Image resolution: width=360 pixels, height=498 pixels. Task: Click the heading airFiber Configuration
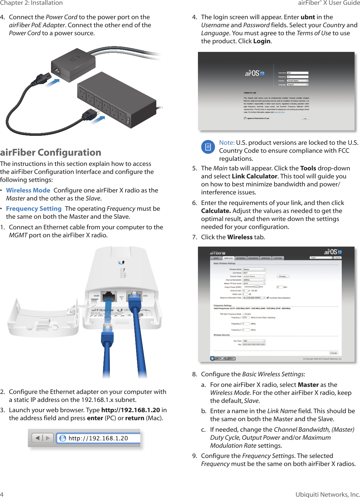click(x=51, y=152)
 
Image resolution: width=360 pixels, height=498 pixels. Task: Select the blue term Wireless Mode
click(x=28, y=190)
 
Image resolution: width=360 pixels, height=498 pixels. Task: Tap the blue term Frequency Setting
click(x=34, y=208)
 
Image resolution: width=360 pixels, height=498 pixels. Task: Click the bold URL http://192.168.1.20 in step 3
click(x=130, y=410)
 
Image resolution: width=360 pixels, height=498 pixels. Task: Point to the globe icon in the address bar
click(x=63, y=438)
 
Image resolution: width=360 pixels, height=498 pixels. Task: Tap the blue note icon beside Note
click(x=208, y=147)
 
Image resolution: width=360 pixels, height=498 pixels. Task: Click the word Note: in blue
click(x=227, y=143)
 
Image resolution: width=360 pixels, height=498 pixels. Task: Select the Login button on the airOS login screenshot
click(x=305, y=118)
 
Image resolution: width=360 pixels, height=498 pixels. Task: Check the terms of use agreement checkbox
click(x=245, y=118)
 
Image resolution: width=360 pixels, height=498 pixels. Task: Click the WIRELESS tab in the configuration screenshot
click(x=228, y=258)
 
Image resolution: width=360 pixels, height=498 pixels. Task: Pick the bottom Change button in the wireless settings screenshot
click(x=333, y=353)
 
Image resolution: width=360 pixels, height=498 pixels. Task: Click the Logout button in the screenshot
click(x=337, y=257)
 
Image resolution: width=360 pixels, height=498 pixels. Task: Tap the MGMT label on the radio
click(x=96, y=296)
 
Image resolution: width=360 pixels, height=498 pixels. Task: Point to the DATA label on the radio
click(x=145, y=296)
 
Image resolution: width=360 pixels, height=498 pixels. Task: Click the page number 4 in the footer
click(x=2, y=494)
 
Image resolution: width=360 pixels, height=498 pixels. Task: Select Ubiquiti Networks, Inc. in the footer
click(x=327, y=494)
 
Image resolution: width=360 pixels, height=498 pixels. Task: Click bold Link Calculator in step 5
click(x=254, y=176)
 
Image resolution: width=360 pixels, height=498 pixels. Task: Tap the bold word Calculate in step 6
click(x=216, y=211)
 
